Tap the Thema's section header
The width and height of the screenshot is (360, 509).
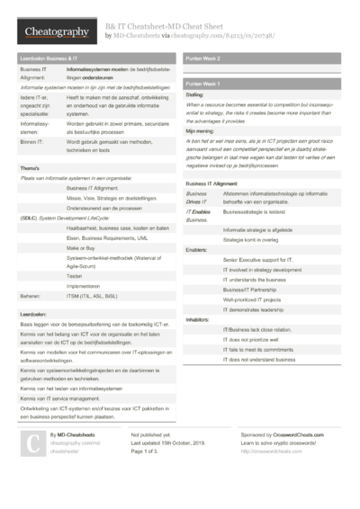click(x=30, y=168)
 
